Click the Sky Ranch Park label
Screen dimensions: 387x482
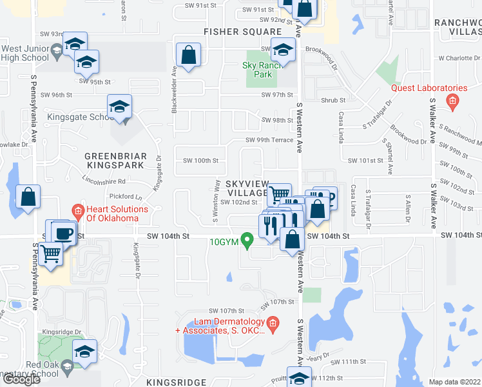258,70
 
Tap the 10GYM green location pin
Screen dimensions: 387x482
246,239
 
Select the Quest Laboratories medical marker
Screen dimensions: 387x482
452,101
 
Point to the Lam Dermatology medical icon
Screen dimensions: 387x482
273,322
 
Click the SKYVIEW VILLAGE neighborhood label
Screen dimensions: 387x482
247,188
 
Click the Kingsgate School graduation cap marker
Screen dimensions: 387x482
119,107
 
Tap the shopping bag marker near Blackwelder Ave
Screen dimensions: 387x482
188,55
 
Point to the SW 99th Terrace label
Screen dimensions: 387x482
269,140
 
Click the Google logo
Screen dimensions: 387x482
21,379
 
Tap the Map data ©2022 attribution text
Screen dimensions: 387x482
454,382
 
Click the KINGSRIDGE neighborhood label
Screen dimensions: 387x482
176,382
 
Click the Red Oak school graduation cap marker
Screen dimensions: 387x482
84,352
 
